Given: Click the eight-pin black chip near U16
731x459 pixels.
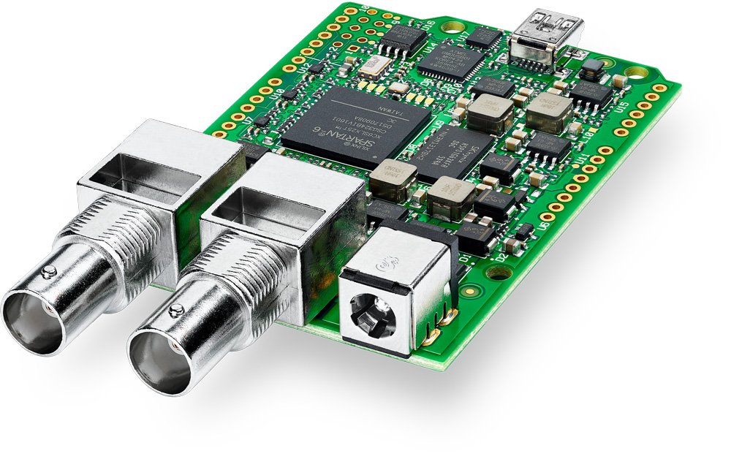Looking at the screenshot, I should coord(403,38).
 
